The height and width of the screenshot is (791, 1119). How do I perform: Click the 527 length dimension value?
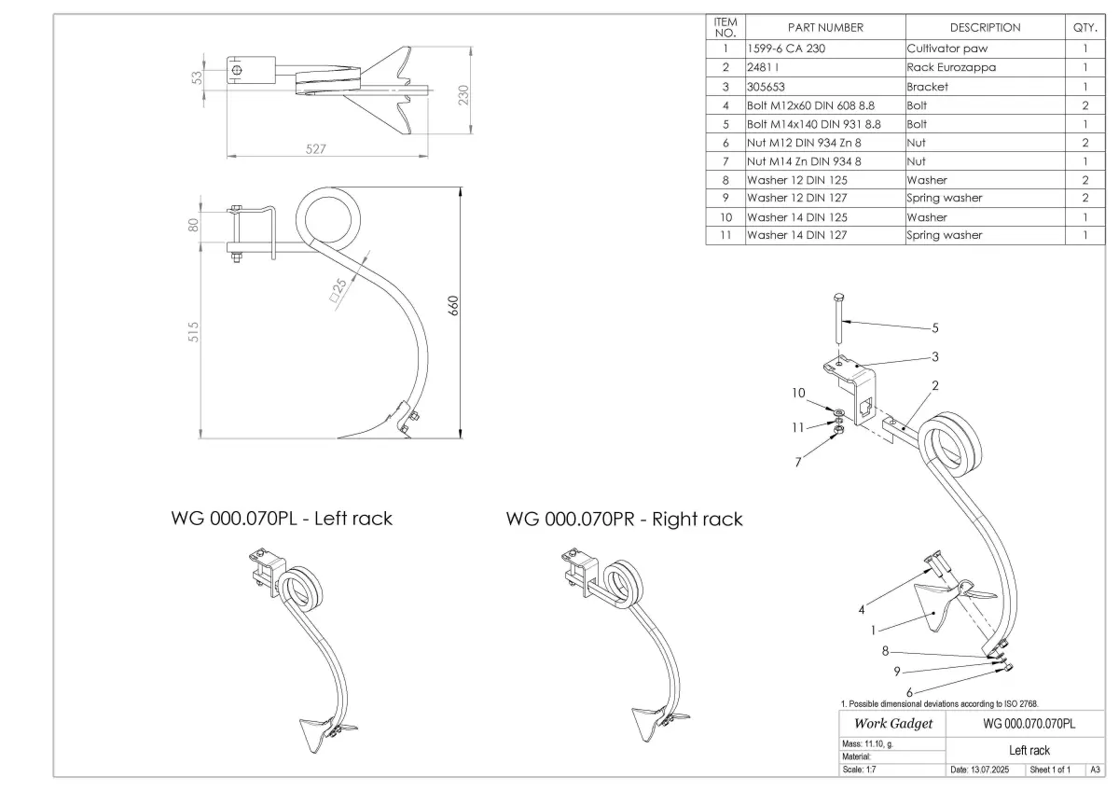click(316, 149)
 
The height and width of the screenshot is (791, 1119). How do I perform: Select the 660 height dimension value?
click(453, 306)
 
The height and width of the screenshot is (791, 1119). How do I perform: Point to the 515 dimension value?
click(193, 332)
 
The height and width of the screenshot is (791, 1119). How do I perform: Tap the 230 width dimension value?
click(463, 95)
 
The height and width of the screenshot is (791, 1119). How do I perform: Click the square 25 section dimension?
click(338, 290)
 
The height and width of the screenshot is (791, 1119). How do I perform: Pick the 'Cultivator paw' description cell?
click(947, 49)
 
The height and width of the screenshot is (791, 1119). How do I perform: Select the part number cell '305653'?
click(766, 87)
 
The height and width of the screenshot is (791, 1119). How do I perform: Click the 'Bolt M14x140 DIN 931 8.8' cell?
click(814, 124)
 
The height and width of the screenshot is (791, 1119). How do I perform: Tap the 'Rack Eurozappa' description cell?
click(951, 67)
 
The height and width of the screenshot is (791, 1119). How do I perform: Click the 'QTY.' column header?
click(1085, 27)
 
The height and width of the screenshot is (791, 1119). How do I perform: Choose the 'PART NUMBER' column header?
click(825, 27)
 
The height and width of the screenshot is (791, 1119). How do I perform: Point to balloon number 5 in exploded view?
click(935, 328)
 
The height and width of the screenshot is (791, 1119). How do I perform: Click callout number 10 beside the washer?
click(798, 394)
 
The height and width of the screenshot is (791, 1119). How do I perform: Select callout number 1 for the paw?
click(873, 631)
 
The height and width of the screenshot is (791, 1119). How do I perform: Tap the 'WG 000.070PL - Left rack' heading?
click(282, 519)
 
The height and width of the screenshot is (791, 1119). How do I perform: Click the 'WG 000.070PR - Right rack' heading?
click(624, 520)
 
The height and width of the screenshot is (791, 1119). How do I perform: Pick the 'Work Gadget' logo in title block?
click(893, 724)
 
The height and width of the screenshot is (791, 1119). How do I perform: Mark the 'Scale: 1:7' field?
click(859, 770)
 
